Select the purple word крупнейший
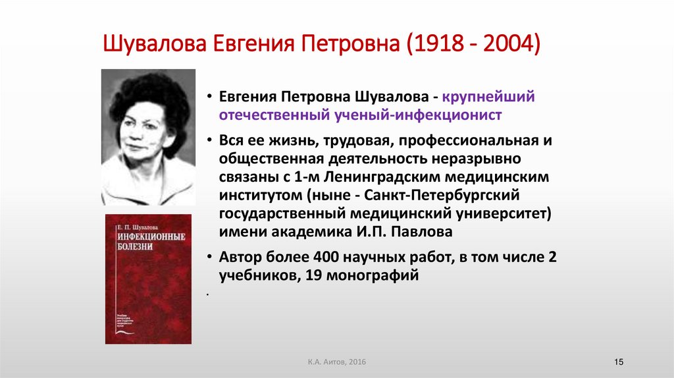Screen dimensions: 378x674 (488, 97)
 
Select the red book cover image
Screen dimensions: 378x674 (148, 279)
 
